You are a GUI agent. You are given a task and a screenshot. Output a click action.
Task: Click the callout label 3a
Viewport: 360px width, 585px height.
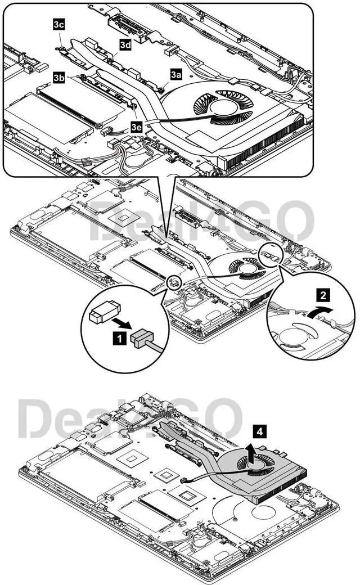(x=177, y=74)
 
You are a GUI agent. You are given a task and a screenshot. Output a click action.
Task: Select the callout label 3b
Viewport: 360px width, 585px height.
(x=59, y=78)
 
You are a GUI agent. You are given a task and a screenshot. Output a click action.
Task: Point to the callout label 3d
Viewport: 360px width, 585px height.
(x=125, y=44)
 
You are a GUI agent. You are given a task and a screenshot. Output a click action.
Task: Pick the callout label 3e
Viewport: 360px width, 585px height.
(x=136, y=127)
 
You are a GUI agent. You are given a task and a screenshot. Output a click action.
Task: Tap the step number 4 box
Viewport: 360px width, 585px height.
(x=258, y=431)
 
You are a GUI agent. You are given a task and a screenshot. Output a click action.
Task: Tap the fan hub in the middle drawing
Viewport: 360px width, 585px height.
(x=246, y=269)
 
